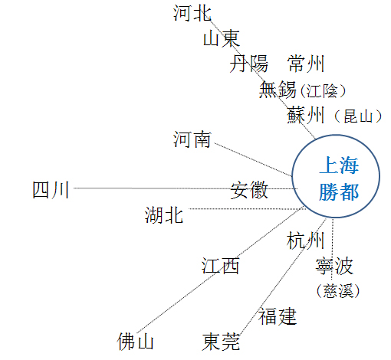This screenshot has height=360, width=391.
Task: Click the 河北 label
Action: [192, 13]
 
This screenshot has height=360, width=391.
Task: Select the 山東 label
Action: [222, 38]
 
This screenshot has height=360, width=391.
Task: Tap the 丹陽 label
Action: [248, 64]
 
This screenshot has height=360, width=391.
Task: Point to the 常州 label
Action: [306, 64]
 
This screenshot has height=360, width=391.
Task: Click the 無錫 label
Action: [278, 90]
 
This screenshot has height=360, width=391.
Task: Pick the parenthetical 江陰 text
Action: [324, 91]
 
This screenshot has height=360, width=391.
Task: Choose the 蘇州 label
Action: [306, 115]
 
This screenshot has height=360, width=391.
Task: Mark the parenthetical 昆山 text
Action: [358, 116]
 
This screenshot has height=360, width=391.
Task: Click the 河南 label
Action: [192, 139]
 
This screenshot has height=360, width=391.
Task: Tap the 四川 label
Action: [51, 190]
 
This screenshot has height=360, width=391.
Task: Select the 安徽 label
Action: [249, 190]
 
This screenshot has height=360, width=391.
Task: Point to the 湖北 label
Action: [164, 215]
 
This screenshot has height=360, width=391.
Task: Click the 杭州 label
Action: [306, 241]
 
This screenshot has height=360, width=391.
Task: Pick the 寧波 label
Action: [334, 266]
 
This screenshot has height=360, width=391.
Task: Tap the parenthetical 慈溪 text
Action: [338, 290]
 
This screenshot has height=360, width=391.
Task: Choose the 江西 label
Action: [221, 266]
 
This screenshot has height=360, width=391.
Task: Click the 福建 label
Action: [278, 316]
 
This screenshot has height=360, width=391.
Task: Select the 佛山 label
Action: [136, 341]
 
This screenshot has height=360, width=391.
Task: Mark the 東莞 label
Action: [221, 342]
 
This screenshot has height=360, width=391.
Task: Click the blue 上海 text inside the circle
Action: [339, 165]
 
